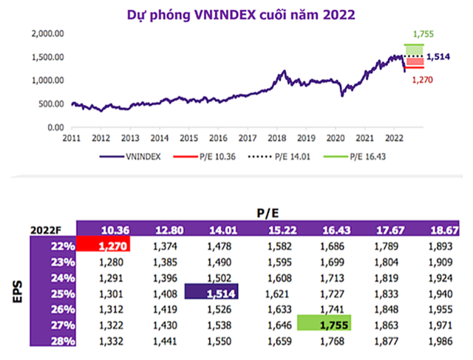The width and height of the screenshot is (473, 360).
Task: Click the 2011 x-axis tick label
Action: (x=72, y=138)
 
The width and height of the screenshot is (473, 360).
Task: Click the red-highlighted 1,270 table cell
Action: (x=104, y=245)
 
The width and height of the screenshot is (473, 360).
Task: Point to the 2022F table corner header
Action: (x=46, y=229)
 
